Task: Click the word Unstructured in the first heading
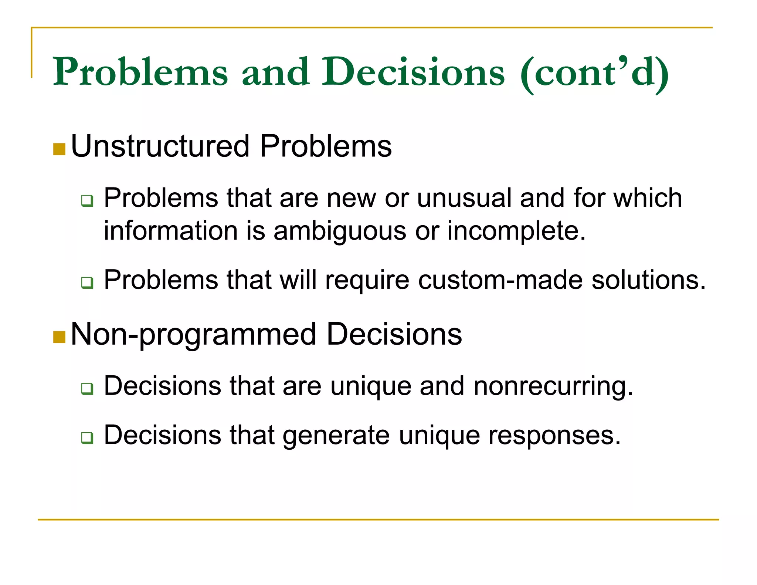pyautogui.click(x=160, y=146)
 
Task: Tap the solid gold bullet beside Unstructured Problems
pyautogui.click(x=59, y=149)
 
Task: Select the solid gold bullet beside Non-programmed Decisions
pyautogui.click(x=59, y=337)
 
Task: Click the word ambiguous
pyautogui.click(x=340, y=231)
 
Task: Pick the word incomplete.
pyautogui.click(x=516, y=231)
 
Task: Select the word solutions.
pyautogui.click(x=648, y=280)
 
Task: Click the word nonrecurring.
pyautogui.click(x=553, y=386)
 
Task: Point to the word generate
pyautogui.click(x=336, y=436)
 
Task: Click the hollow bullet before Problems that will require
pyautogui.click(x=87, y=283)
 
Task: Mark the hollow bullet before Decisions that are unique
pyautogui.click(x=87, y=389)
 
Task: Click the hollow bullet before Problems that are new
pyautogui.click(x=87, y=201)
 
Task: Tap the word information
pyautogui.click(x=170, y=231)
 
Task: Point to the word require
pyautogui.click(x=367, y=280)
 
